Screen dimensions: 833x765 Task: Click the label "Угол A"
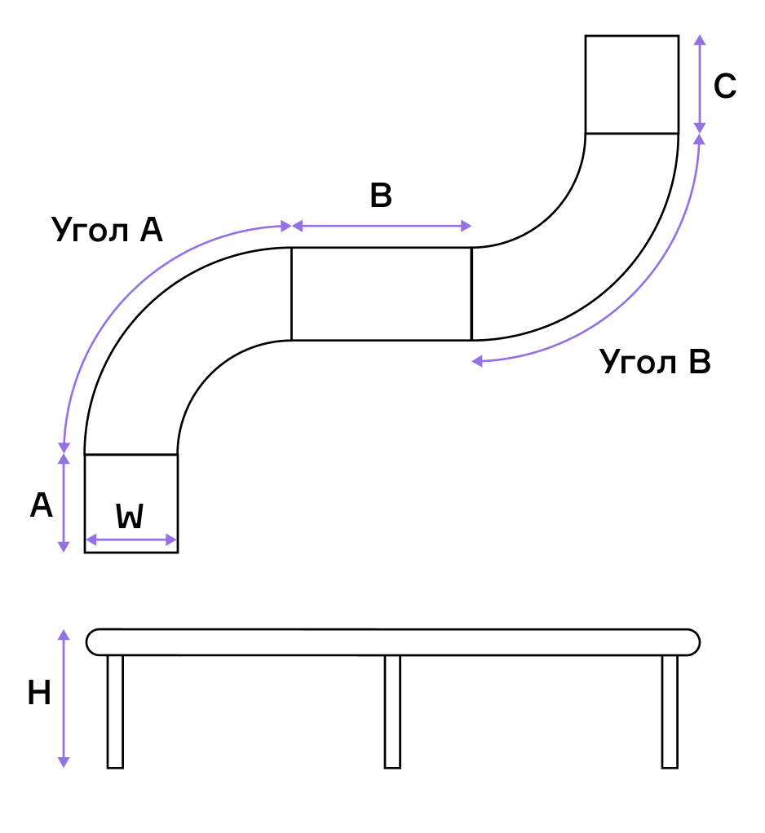107,230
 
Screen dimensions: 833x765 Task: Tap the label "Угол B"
655,362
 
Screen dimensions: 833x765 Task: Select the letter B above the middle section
381,196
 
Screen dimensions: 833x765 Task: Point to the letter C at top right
725,86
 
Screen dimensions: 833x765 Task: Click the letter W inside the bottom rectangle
130,517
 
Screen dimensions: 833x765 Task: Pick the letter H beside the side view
39,694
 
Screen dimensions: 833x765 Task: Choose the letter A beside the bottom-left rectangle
42,506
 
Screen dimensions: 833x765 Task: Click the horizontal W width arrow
131,540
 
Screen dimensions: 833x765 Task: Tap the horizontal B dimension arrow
382,226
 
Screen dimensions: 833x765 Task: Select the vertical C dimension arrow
699,84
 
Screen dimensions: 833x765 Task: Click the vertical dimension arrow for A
64,502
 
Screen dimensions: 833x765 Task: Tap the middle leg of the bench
392,711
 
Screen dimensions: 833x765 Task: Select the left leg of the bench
115,711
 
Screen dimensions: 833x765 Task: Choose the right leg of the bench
670,711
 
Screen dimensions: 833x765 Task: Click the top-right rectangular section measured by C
632,84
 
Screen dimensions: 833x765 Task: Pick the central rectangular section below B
382,293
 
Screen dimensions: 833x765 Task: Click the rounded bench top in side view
393,641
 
